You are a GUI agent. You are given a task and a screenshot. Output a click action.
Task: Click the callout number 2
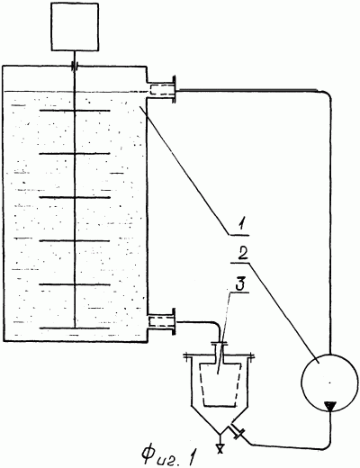[243, 255]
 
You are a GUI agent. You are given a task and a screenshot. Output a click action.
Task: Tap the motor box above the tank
[75, 27]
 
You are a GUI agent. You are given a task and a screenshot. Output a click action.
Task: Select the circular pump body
[329, 381]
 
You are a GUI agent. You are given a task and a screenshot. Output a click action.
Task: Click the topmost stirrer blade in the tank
[75, 111]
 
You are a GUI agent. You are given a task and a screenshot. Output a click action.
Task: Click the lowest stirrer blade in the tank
[75, 328]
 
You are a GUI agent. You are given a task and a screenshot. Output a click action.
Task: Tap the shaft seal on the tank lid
[75, 67]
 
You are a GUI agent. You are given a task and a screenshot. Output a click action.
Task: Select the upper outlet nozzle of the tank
[161, 89]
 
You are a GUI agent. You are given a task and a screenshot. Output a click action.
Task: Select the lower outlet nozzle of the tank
[161, 321]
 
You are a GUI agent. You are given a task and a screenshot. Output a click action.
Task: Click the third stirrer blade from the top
[75, 197]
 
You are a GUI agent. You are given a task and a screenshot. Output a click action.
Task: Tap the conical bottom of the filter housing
[220, 419]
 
